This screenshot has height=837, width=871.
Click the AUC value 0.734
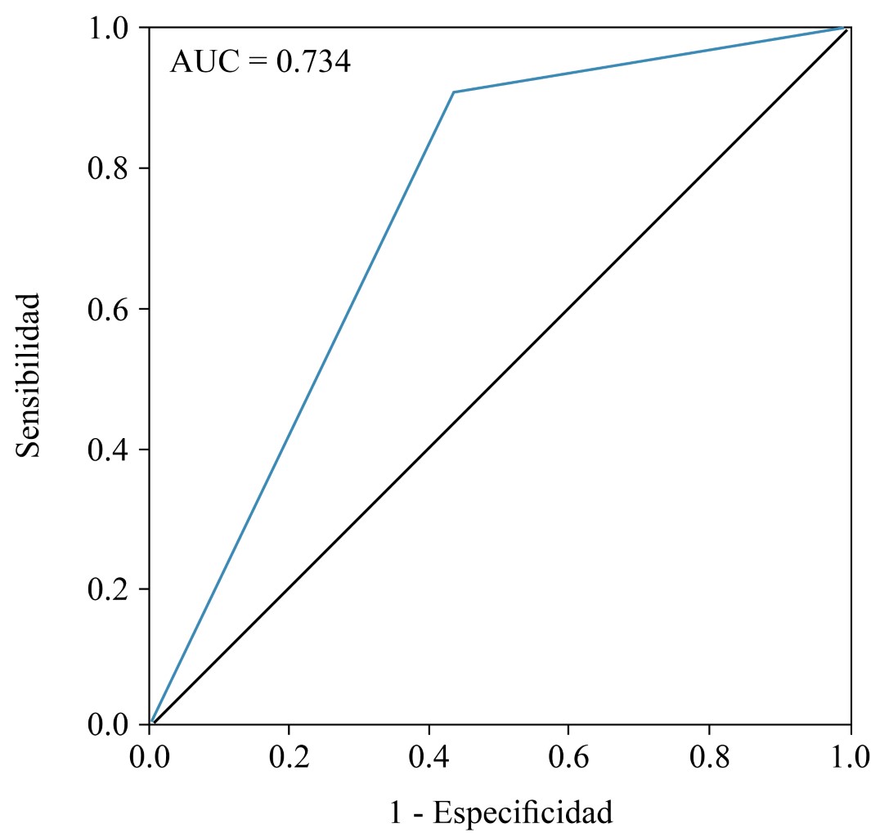313,62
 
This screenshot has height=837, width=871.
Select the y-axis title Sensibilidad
29,375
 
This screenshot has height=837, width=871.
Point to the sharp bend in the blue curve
454,92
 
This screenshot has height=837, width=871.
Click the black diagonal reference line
499,376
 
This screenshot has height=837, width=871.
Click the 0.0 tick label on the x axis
149,757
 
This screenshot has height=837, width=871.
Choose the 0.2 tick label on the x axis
289,757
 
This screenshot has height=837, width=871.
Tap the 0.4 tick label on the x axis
429,757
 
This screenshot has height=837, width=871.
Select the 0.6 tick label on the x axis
569,757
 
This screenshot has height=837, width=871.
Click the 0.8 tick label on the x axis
710,757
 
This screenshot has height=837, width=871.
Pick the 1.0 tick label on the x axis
848,757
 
